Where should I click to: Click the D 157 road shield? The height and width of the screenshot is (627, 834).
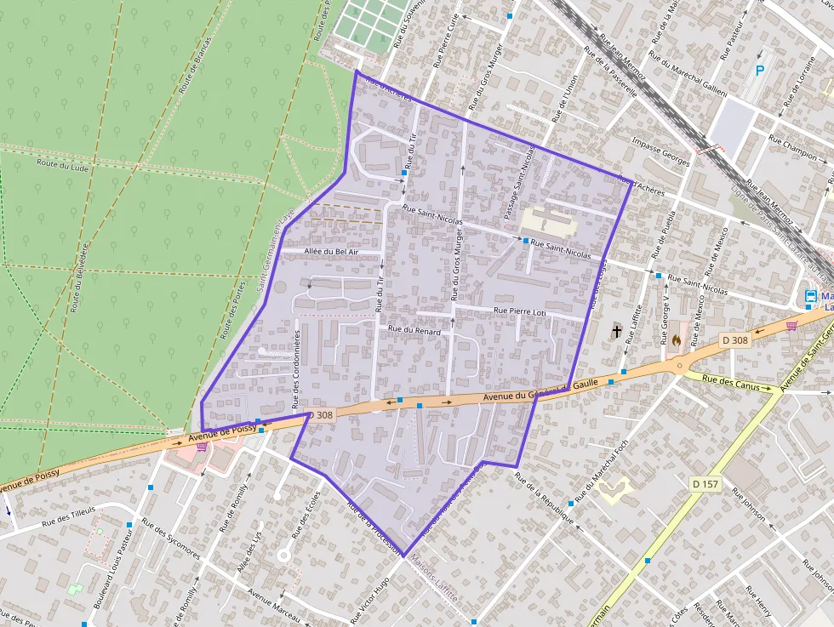point(705,484)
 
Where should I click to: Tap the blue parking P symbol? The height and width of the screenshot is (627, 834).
point(760,71)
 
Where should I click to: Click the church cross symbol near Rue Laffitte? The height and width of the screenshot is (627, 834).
point(616,330)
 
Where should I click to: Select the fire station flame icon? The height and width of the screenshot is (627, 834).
point(675,338)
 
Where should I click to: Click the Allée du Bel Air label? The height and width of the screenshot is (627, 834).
point(331,253)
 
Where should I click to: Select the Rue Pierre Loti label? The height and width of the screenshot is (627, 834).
point(519,311)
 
